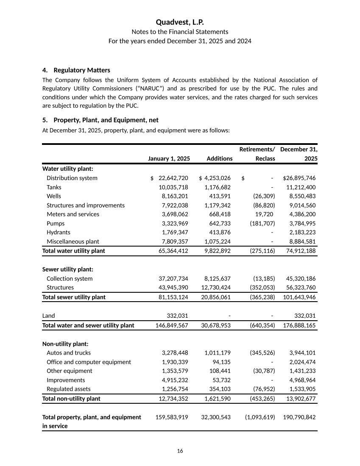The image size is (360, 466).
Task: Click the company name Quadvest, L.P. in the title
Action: (180, 22)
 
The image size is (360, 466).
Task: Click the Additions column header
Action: (219, 158)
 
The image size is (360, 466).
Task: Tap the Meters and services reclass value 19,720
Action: (265, 214)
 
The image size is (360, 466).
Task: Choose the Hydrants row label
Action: (59, 232)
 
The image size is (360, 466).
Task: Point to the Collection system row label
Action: (70, 278)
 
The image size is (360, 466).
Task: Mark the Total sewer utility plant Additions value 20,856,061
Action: (215, 297)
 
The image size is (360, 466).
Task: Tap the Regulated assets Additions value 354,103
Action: (217, 389)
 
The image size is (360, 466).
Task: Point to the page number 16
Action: (180, 451)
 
